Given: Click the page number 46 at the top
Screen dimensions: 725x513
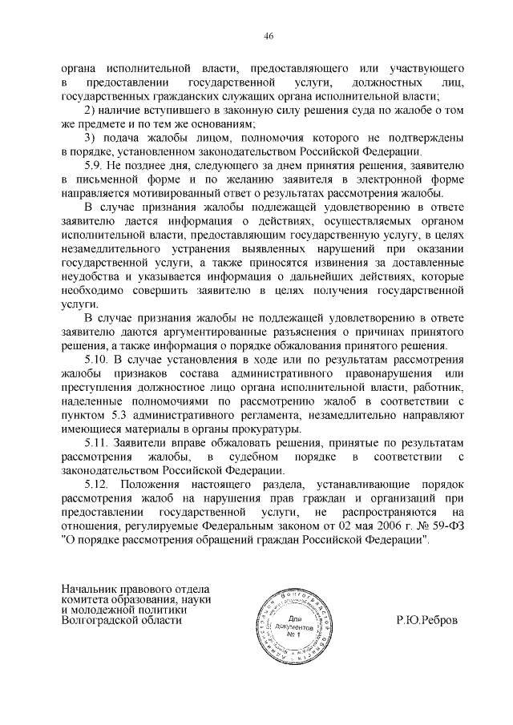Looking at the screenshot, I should click(256, 34).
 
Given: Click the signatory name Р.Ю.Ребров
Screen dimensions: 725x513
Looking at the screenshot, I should click(429, 620).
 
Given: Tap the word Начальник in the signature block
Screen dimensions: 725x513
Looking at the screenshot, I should click(91, 590).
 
